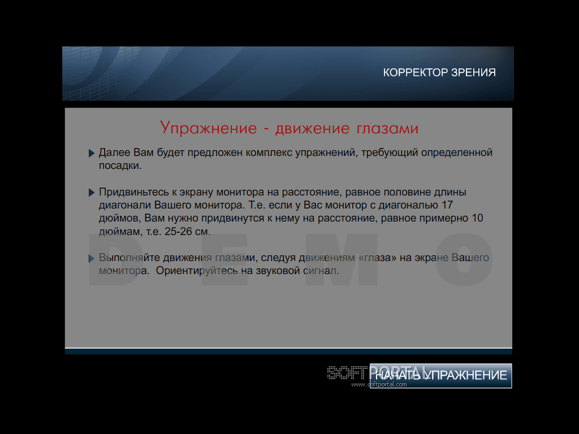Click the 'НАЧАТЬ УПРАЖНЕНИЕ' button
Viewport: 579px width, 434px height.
point(440,376)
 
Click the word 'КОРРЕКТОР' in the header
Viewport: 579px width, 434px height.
point(416,72)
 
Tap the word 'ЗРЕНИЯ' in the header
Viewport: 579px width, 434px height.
point(474,72)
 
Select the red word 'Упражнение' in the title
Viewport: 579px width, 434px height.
point(208,128)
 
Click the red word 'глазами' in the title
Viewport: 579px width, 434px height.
point(387,128)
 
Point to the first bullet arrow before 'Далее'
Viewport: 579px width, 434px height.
point(92,153)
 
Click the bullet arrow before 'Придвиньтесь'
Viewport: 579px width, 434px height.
point(92,192)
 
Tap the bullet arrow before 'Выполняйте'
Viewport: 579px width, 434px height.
point(92,258)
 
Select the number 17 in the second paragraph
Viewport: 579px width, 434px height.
point(447,205)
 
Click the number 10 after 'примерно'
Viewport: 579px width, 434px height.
point(477,218)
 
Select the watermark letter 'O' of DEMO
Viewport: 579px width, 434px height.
point(464,259)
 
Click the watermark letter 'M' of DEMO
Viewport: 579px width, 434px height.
point(341,259)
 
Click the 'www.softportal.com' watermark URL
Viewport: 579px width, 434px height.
point(379,384)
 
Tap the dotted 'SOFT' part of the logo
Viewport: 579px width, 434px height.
point(348,373)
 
